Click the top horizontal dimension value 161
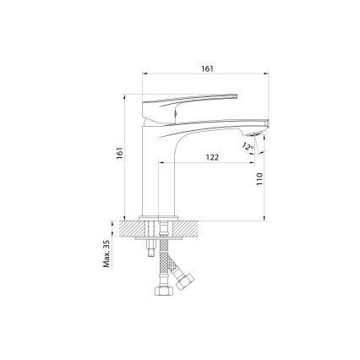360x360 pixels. click(207, 69)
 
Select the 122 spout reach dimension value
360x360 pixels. click(212, 157)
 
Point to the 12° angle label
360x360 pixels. click(246, 147)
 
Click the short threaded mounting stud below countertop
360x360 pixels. click(150, 246)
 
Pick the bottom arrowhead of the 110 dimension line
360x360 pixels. click(266, 218)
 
